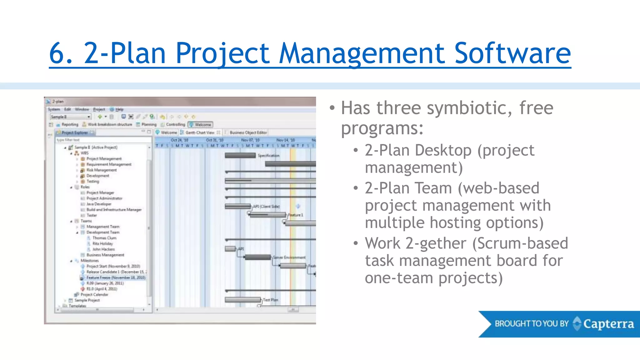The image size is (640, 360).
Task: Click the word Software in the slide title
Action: click(x=512, y=53)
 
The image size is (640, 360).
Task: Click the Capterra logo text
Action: click(x=608, y=324)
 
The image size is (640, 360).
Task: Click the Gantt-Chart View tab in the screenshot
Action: click(x=200, y=132)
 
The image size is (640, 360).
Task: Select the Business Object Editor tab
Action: click(x=248, y=132)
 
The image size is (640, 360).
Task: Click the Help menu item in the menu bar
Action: click(x=119, y=109)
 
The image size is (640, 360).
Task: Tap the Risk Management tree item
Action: click(x=101, y=170)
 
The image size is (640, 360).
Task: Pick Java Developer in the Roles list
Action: click(x=99, y=204)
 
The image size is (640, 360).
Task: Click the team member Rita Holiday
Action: click(x=102, y=243)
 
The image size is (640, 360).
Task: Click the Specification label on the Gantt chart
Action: click(x=268, y=155)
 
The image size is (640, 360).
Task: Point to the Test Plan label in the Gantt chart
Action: click(x=270, y=300)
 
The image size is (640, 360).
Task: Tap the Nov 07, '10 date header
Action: click(x=250, y=140)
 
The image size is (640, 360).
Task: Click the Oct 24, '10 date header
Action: click(x=179, y=140)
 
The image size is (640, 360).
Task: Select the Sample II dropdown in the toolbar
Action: click(x=71, y=117)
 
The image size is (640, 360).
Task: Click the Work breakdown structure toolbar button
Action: click(x=110, y=124)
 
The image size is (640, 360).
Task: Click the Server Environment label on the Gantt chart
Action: click(x=289, y=257)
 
